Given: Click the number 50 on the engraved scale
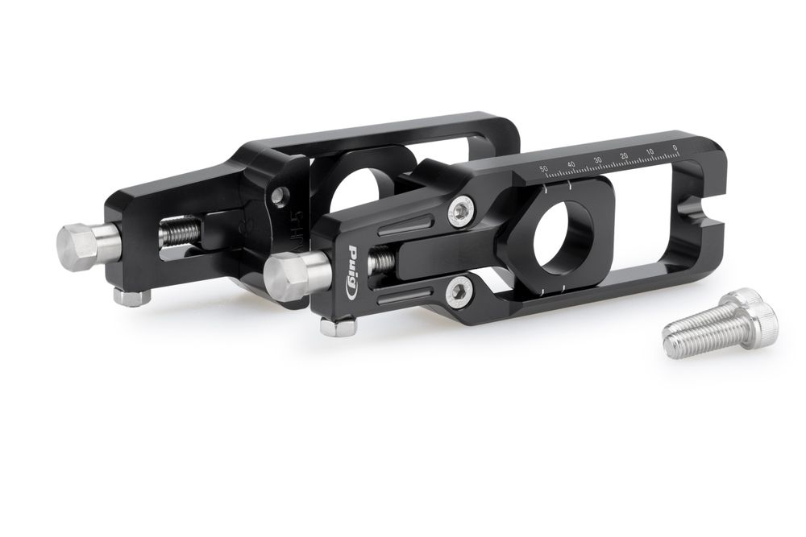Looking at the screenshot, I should [x=545, y=169].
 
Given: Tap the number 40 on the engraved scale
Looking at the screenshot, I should [x=571, y=164].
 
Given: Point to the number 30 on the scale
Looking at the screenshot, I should [x=597, y=160].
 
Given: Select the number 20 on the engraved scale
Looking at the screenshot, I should [x=623, y=155].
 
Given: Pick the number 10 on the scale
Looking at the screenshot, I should [x=650, y=151].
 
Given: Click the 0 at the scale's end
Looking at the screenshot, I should [x=674, y=147].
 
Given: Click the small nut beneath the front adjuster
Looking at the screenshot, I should [x=338, y=326].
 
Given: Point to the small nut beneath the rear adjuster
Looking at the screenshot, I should [x=132, y=297].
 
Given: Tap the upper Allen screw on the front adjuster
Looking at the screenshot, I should [x=462, y=211].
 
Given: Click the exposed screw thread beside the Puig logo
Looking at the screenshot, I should [x=382, y=261].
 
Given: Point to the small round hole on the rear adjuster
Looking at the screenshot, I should [x=277, y=194].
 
